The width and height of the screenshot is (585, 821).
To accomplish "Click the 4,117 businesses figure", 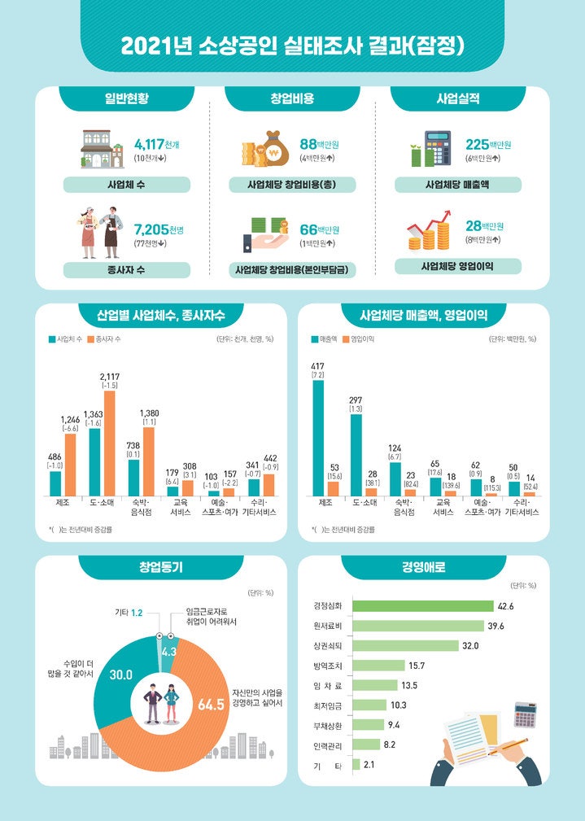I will (x=150, y=145).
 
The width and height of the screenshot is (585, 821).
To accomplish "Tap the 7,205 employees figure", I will (x=150, y=230).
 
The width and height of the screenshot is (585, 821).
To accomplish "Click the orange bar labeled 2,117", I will (x=110, y=443).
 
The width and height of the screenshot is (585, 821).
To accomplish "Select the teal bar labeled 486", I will (x=55, y=483).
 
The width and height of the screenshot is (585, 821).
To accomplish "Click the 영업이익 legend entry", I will (x=358, y=338).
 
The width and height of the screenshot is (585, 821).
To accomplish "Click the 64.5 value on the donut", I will (x=211, y=704).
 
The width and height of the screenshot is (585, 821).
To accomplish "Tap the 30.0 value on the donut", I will (x=121, y=675).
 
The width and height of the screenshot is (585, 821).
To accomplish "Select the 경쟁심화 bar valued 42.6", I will (x=423, y=605).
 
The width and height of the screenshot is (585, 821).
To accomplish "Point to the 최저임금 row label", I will (x=327, y=705).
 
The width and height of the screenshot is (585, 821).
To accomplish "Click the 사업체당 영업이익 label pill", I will (x=458, y=266).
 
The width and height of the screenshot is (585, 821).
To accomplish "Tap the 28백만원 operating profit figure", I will (x=483, y=226).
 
